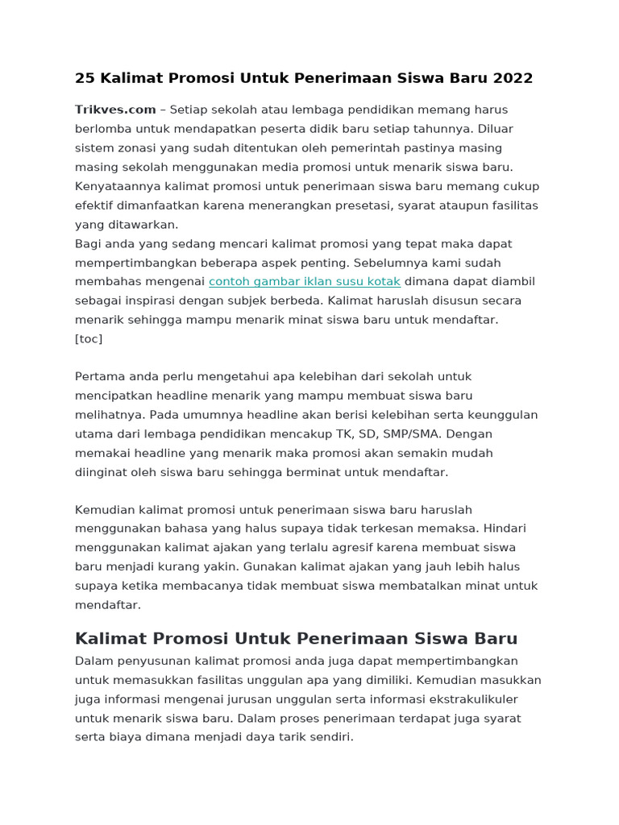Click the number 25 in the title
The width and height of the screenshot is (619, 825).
click(84, 78)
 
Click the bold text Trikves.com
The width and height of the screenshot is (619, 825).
click(115, 110)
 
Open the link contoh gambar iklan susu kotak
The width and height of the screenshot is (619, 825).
click(305, 282)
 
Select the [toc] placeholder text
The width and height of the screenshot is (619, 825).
click(89, 339)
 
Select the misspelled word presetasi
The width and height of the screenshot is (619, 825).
click(363, 205)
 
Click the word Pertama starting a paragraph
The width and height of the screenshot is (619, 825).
click(100, 377)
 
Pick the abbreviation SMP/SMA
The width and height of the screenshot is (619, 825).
click(410, 434)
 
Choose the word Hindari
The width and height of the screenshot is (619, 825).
click(504, 529)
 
